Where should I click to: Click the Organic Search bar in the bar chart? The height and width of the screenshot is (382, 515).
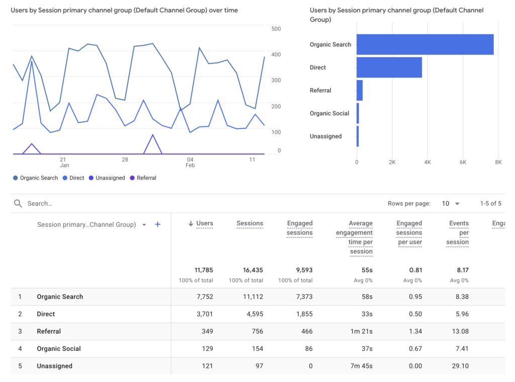425,44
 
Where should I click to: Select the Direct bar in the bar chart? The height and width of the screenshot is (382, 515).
389,68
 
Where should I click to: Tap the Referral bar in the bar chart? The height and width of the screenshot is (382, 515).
360,90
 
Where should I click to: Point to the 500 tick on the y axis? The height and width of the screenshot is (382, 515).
276,29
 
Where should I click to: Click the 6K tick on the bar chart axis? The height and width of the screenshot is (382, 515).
463,162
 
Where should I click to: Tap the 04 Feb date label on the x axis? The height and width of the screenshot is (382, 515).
190,162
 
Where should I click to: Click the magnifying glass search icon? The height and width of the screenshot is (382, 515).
18,204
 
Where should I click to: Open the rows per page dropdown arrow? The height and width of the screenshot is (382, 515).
457,204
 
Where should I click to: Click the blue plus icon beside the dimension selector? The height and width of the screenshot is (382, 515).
157,224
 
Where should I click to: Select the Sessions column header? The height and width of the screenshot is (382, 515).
249,223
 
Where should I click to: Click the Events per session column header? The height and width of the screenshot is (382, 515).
458,232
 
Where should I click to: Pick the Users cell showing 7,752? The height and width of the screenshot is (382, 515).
204,297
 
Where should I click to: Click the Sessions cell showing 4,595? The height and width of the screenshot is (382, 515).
253,314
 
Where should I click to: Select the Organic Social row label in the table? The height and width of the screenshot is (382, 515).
58,349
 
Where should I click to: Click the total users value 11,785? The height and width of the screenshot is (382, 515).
204,270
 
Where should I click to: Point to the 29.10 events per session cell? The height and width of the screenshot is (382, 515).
460,366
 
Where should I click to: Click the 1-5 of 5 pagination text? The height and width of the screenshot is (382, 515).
490,204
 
